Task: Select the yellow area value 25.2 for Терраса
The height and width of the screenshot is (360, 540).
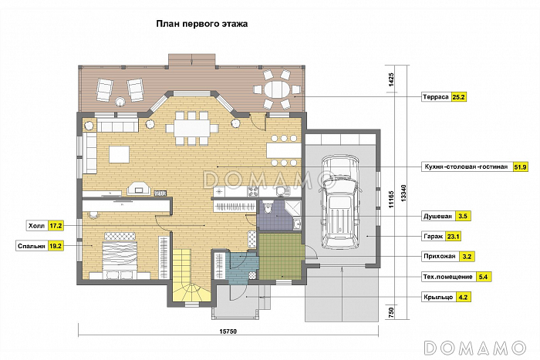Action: tap(459, 98)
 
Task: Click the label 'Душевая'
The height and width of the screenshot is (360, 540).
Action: tap(437, 217)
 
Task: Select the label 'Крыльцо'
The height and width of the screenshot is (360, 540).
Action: tap(437, 296)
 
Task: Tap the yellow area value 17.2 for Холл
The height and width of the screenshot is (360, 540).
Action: tap(55, 227)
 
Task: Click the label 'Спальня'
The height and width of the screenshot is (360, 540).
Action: tap(31, 247)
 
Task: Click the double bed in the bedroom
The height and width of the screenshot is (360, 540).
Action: tap(117, 253)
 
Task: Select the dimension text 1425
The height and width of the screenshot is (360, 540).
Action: tap(392, 81)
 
